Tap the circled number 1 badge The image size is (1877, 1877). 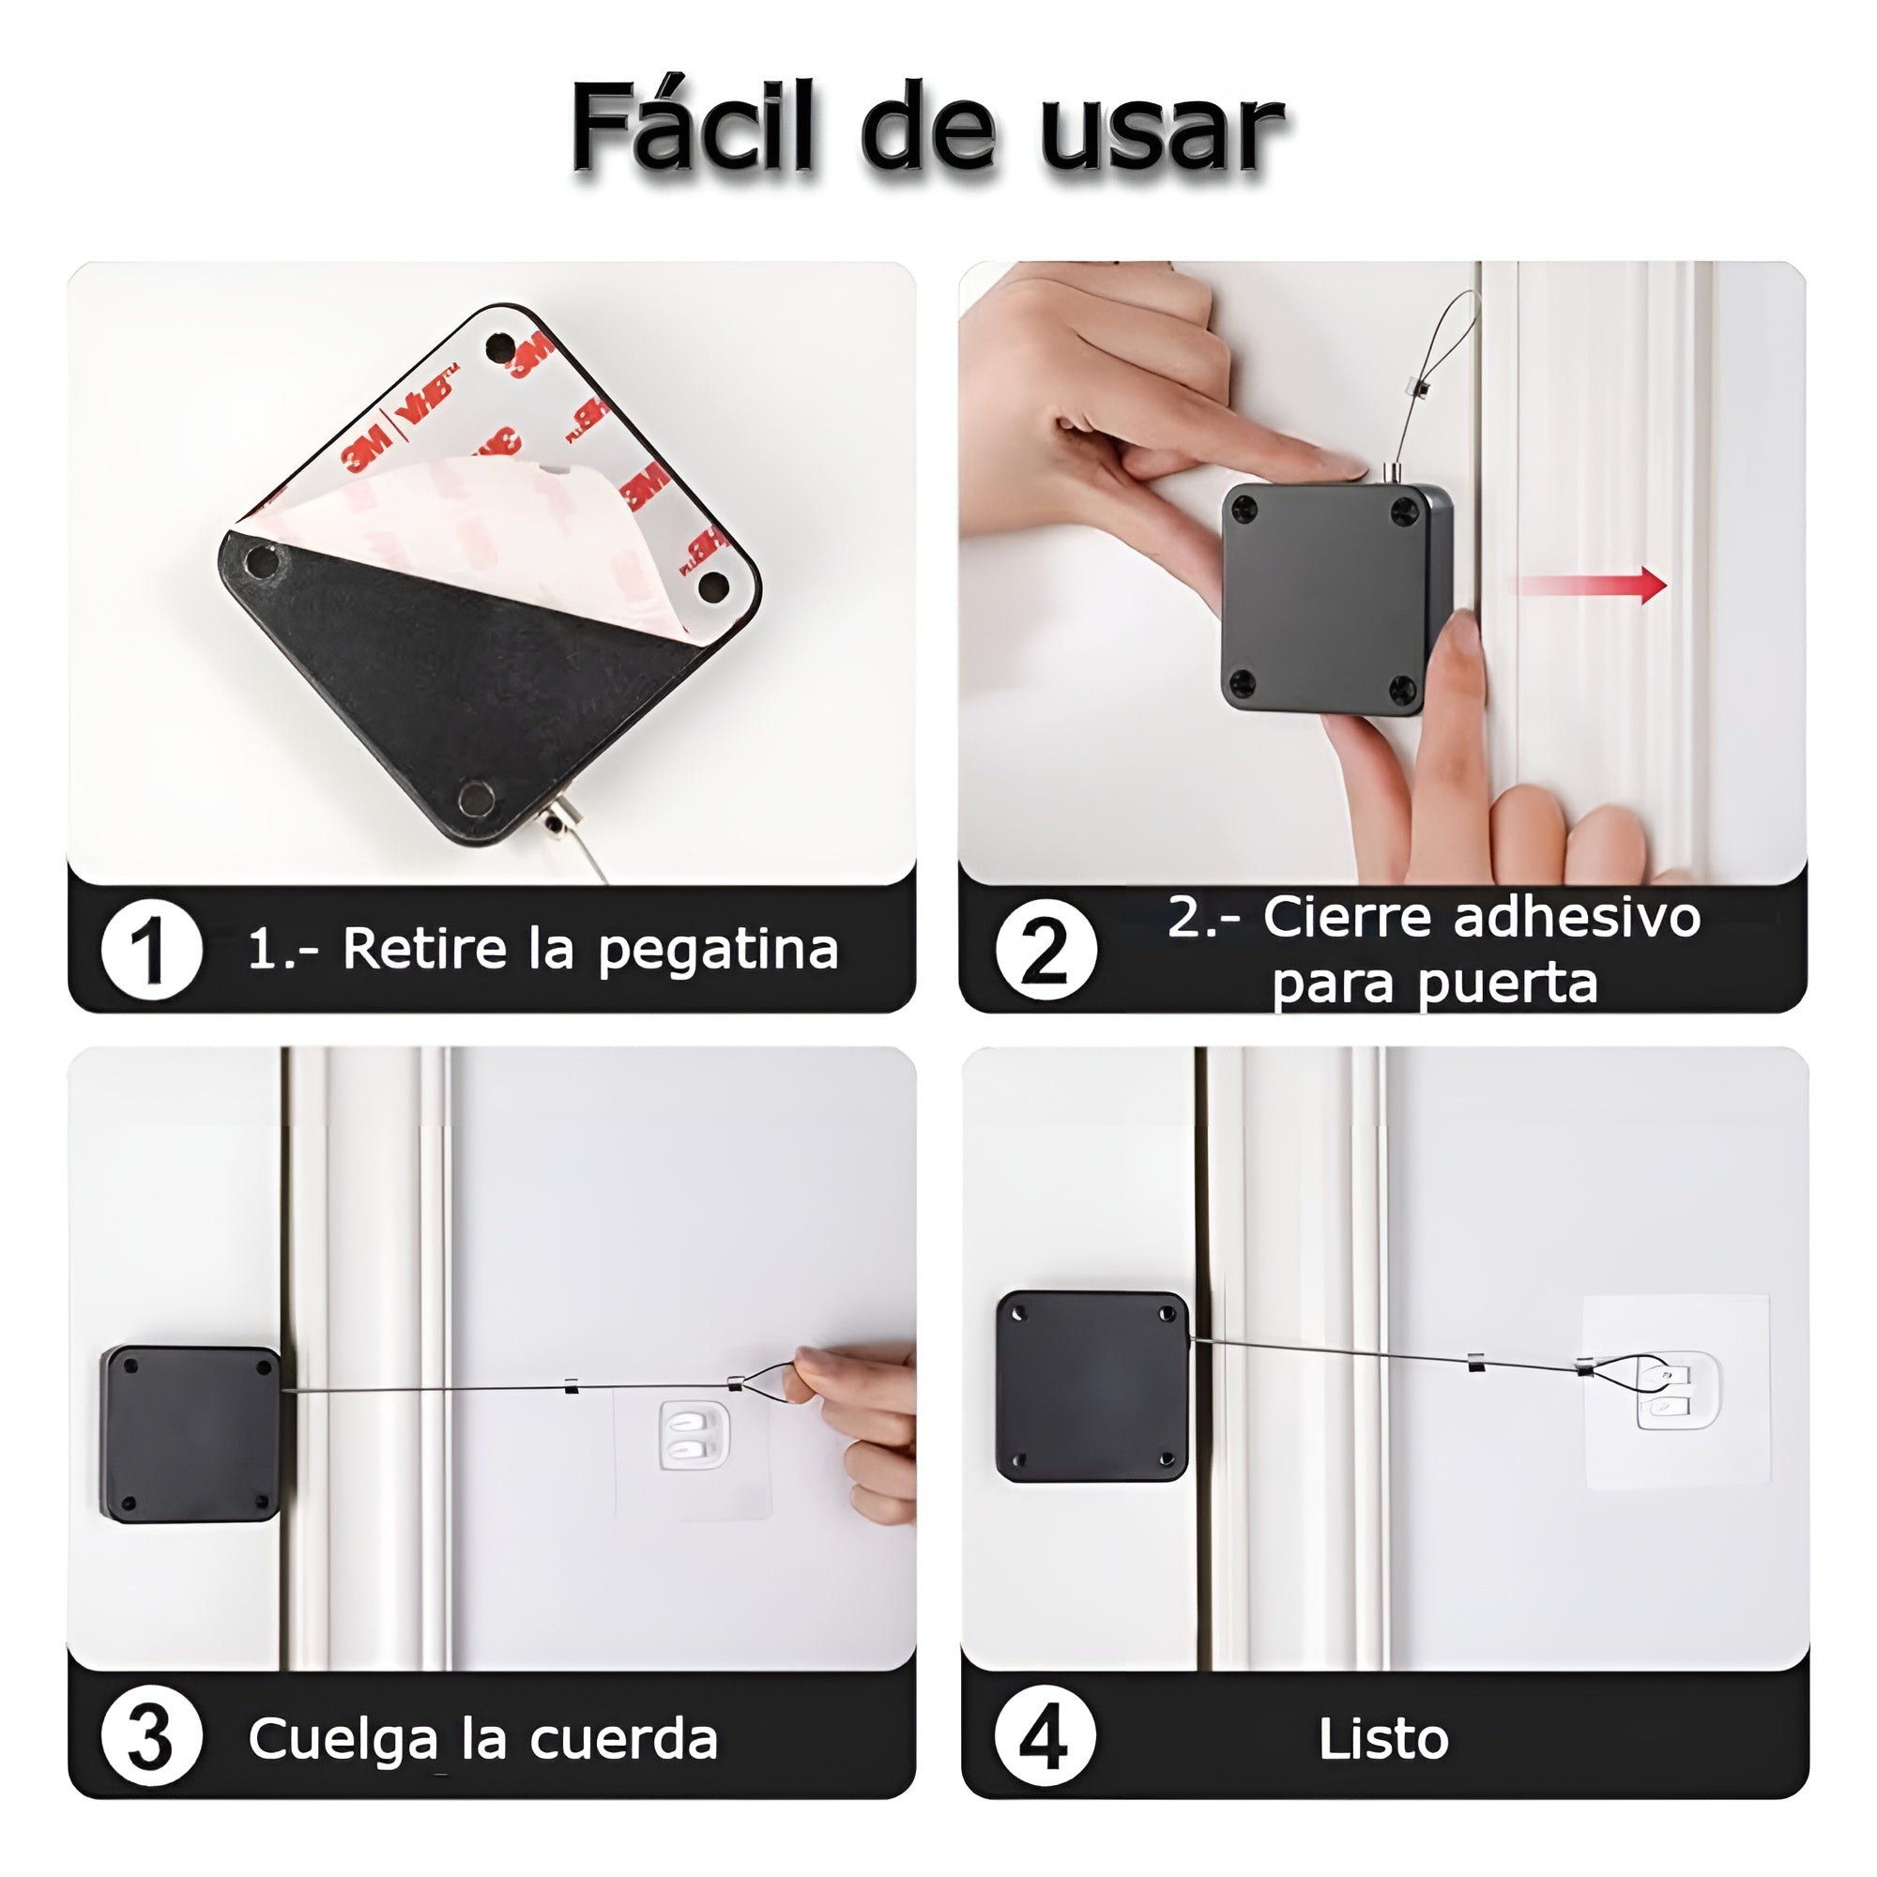(151, 949)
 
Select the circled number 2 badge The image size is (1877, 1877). (1045, 949)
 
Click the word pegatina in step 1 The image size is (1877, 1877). (718, 951)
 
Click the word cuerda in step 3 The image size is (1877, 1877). (624, 1739)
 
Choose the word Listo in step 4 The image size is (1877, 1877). (1383, 1739)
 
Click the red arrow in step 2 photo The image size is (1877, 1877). (1589, 585)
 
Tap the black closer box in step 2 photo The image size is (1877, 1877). (1337, 598)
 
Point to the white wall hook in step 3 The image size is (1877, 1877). (694, 1435)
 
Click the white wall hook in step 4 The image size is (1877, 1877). (1677, 1392)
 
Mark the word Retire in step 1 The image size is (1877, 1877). (424, 949)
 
